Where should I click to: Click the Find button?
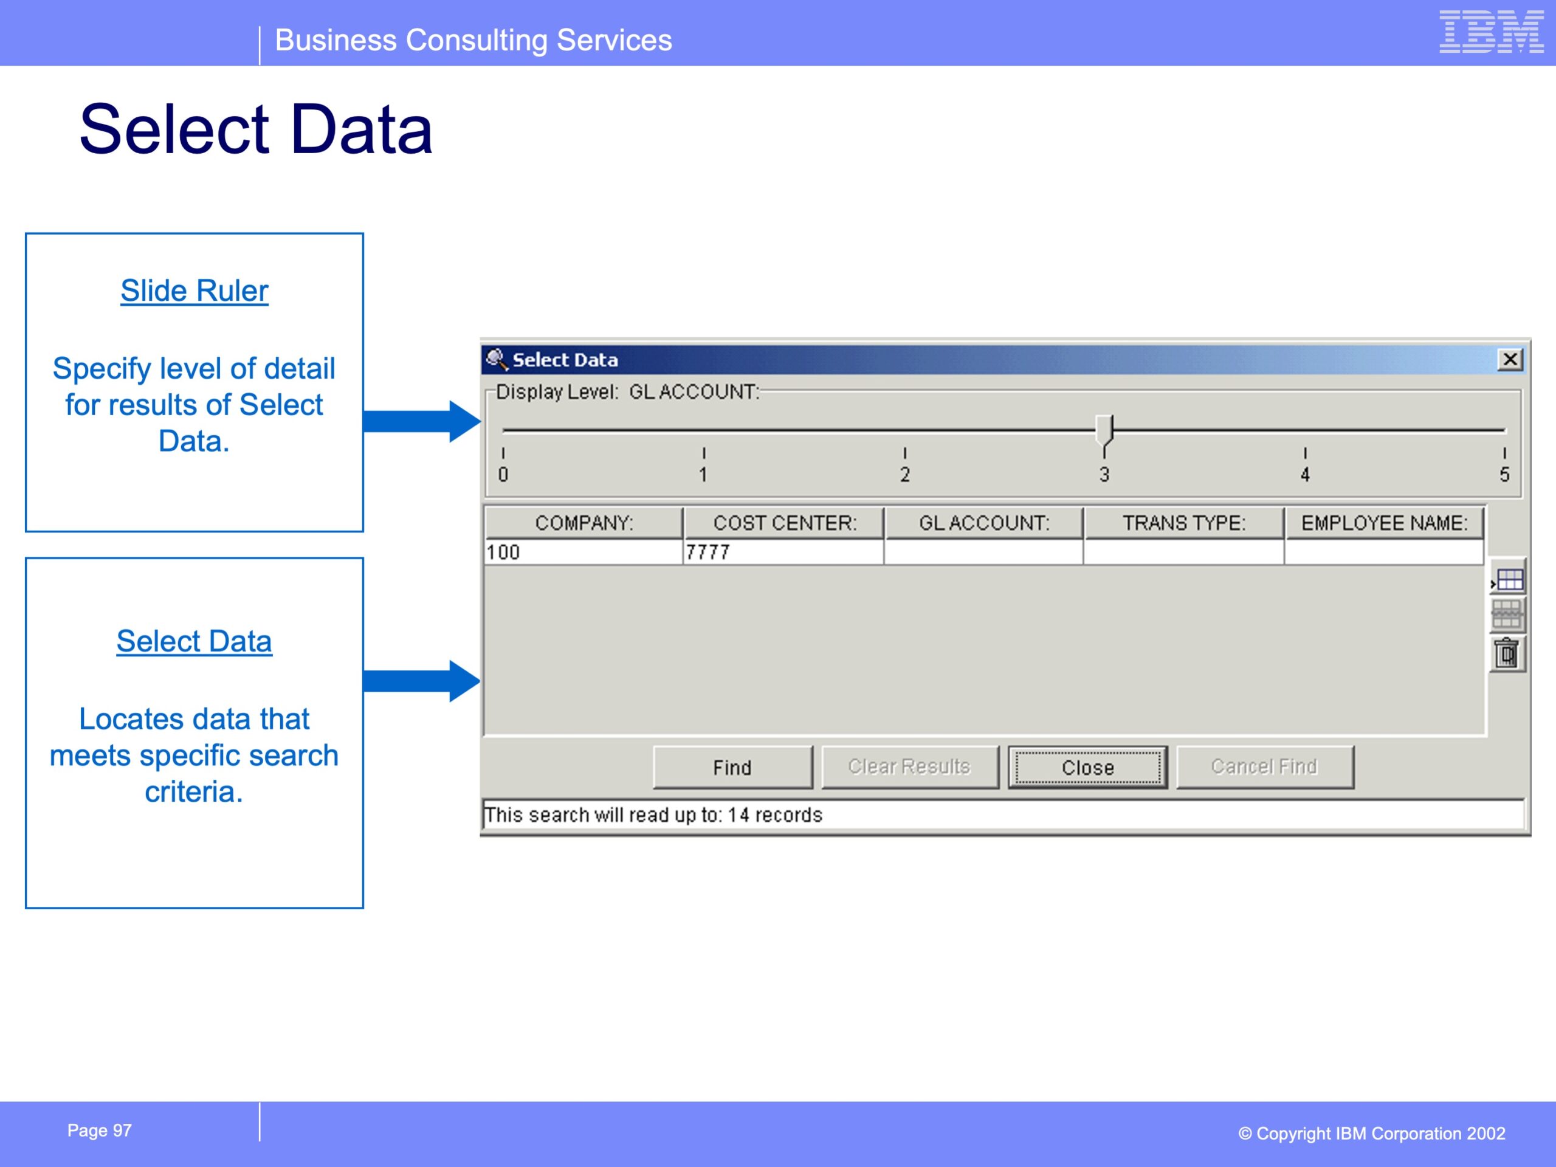(732, 766)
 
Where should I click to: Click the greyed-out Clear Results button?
(909, 766)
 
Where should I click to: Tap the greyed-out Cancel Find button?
(1264, 766)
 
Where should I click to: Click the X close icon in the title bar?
(1510, 359)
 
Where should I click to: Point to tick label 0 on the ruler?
(503, 475)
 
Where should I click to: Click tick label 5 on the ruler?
(1504, 475)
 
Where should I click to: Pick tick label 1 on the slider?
(703, 475)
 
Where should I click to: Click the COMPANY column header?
(584, 523)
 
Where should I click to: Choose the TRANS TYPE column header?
(1184, 523)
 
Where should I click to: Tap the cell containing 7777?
(783, 552)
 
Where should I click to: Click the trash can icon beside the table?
(1507, 653)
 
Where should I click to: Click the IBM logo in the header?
(1492, 32)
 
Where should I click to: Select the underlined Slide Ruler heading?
(194, 291)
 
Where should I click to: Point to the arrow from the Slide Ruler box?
(422, 421)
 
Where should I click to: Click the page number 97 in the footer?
(122, 1131)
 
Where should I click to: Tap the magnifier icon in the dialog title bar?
(497, 359)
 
